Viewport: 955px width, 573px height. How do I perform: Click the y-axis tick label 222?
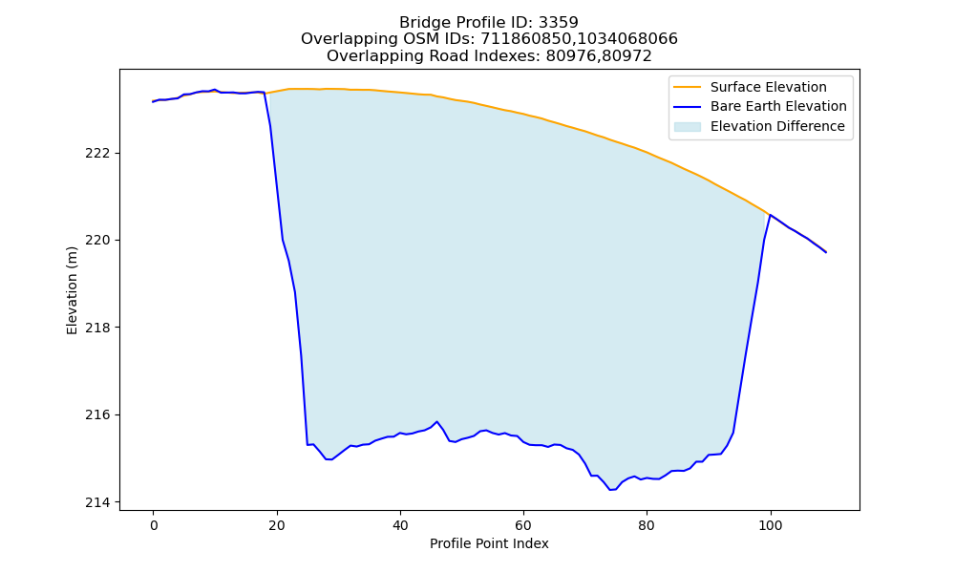point(97,153)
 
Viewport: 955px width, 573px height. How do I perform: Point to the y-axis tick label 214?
point(97,502)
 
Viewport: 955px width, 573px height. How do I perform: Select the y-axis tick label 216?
point(97,414)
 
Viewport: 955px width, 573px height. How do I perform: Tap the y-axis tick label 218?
point(97,328)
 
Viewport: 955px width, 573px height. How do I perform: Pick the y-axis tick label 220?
point(97,240)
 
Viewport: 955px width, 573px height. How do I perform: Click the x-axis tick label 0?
point(154,525)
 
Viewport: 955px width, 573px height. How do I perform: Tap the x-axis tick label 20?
point(277,525)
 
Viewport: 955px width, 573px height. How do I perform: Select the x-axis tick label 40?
point(400,525)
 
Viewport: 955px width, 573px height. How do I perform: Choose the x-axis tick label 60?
point(523,525)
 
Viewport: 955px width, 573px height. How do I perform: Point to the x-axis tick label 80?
point(647,525)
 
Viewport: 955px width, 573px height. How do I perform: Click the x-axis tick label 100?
point(771,525)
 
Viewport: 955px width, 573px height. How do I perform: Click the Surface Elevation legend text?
point(768,87)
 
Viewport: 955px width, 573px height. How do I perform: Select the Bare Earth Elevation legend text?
point(778,107)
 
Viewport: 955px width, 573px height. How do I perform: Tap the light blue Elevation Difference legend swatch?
point(687,127)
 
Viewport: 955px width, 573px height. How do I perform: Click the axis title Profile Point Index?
point(489,543)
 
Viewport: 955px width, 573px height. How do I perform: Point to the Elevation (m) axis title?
point(72,290)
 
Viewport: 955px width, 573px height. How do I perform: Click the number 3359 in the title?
point(558,23)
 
